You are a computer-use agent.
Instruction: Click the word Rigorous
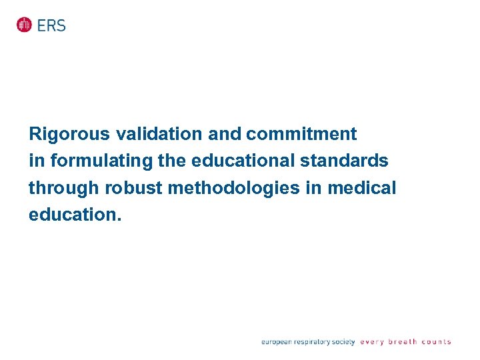click(x=69, y=135)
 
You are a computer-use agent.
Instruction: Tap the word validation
click(x=159, y=135)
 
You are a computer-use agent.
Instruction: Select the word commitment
click(x=301, y=135)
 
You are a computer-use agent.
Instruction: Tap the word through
click(x=64, y=189)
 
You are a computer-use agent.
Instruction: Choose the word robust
click(x=134, y=189)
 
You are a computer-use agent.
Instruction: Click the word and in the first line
click(x=225, y=135)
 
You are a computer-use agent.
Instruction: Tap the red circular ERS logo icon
click(x=25, y=25)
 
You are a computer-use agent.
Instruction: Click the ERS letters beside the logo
click(x=52, y=25)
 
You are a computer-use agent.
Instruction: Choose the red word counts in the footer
click(x=436, y=342)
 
